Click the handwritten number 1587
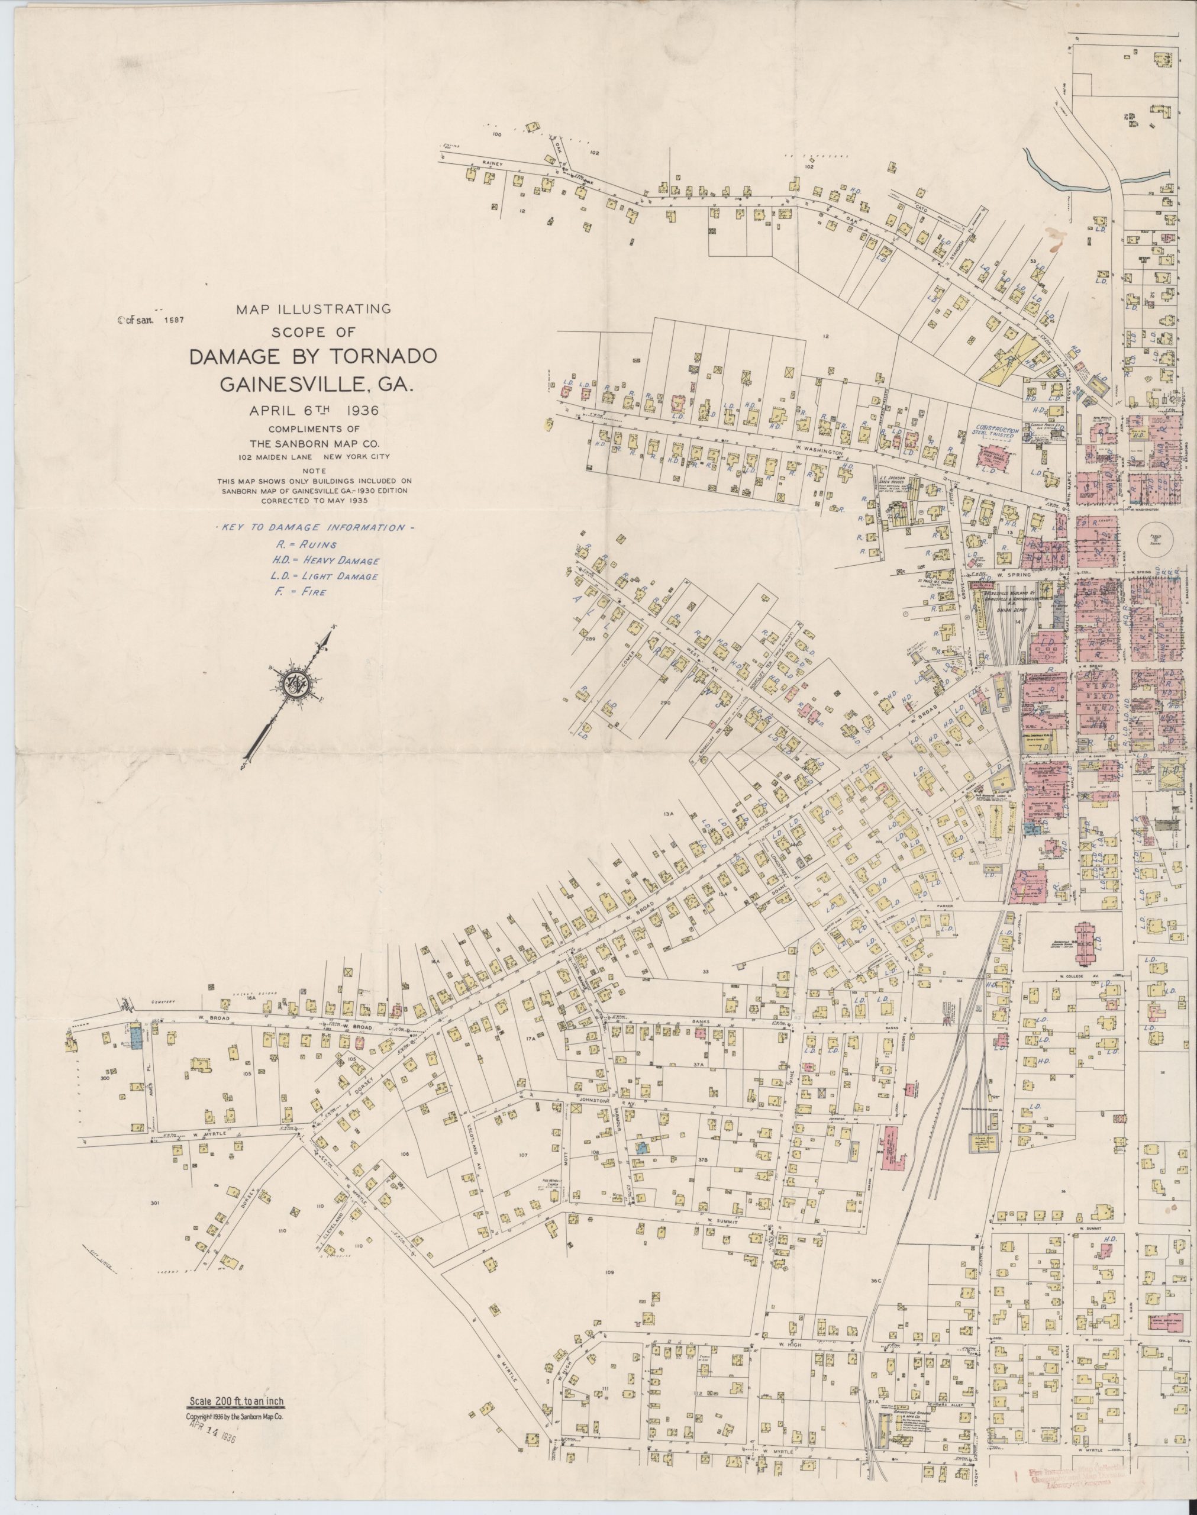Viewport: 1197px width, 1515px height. (172, 320)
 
